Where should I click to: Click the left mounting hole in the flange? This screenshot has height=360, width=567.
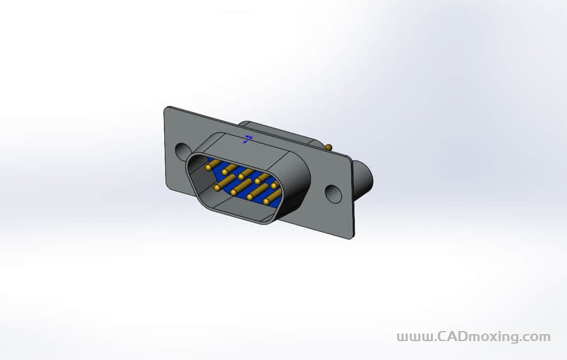point(182,151)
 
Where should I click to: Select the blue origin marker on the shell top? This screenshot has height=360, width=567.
point(248,138)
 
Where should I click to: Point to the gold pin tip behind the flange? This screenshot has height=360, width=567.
point(328,148)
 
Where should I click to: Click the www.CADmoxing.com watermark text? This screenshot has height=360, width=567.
point(473,337)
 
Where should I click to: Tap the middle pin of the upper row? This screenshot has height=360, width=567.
point(244,175)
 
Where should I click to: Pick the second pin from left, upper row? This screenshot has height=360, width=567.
point(228,170)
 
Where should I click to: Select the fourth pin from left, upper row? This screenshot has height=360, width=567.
point(260,180)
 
